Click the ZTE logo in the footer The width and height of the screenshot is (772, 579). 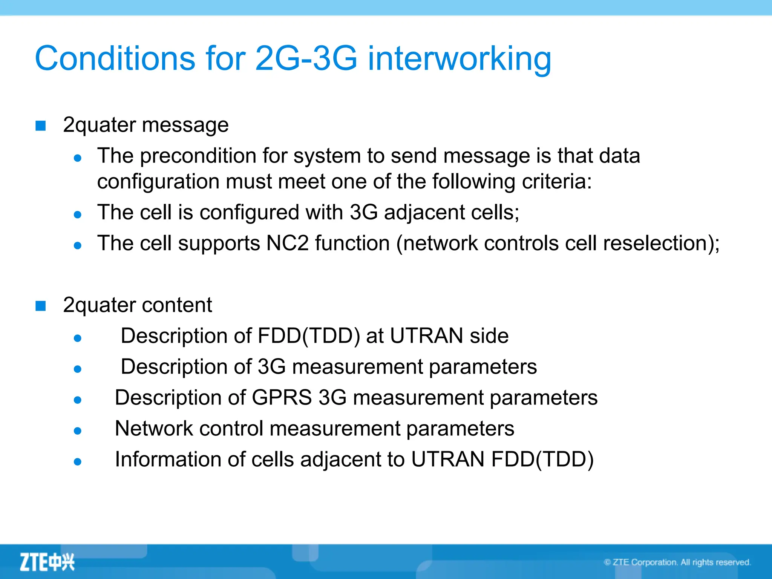pyautogui.click(x=47, y=562)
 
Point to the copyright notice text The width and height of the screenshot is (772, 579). pyautogui.click(x=677, y=562)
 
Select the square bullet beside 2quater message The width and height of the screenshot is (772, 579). pyautogui.click(x=41, y=126)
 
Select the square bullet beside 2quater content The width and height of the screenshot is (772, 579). pyautogui.click(x=41, y=306)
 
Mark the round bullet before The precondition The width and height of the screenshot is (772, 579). pyautogui.click(x=78, y=158)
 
